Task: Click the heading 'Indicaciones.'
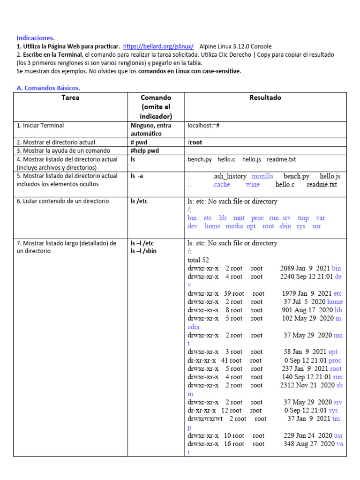pyautogui.click(x=36, y=38)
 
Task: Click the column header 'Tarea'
pyautogui.click(x=70, y=97)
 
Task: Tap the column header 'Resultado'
pyautogui.click(x=265, y=97)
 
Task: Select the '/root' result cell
pyautogui.click(x=195, y=142)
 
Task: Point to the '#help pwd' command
pyautogui.click(x=145, y=150)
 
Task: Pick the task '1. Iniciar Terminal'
pyautogui.click(x=40, y=126)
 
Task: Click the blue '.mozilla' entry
pyautogui.click(x=262, y=176)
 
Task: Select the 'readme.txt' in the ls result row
pyautogui.click(x=281, y=159)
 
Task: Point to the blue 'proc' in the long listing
pyautogui.click(x=335, y=360)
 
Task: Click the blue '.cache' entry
pyautogui.click(x=221, y=185)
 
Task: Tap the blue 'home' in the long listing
pyautogui.click(x=335, y=302)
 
